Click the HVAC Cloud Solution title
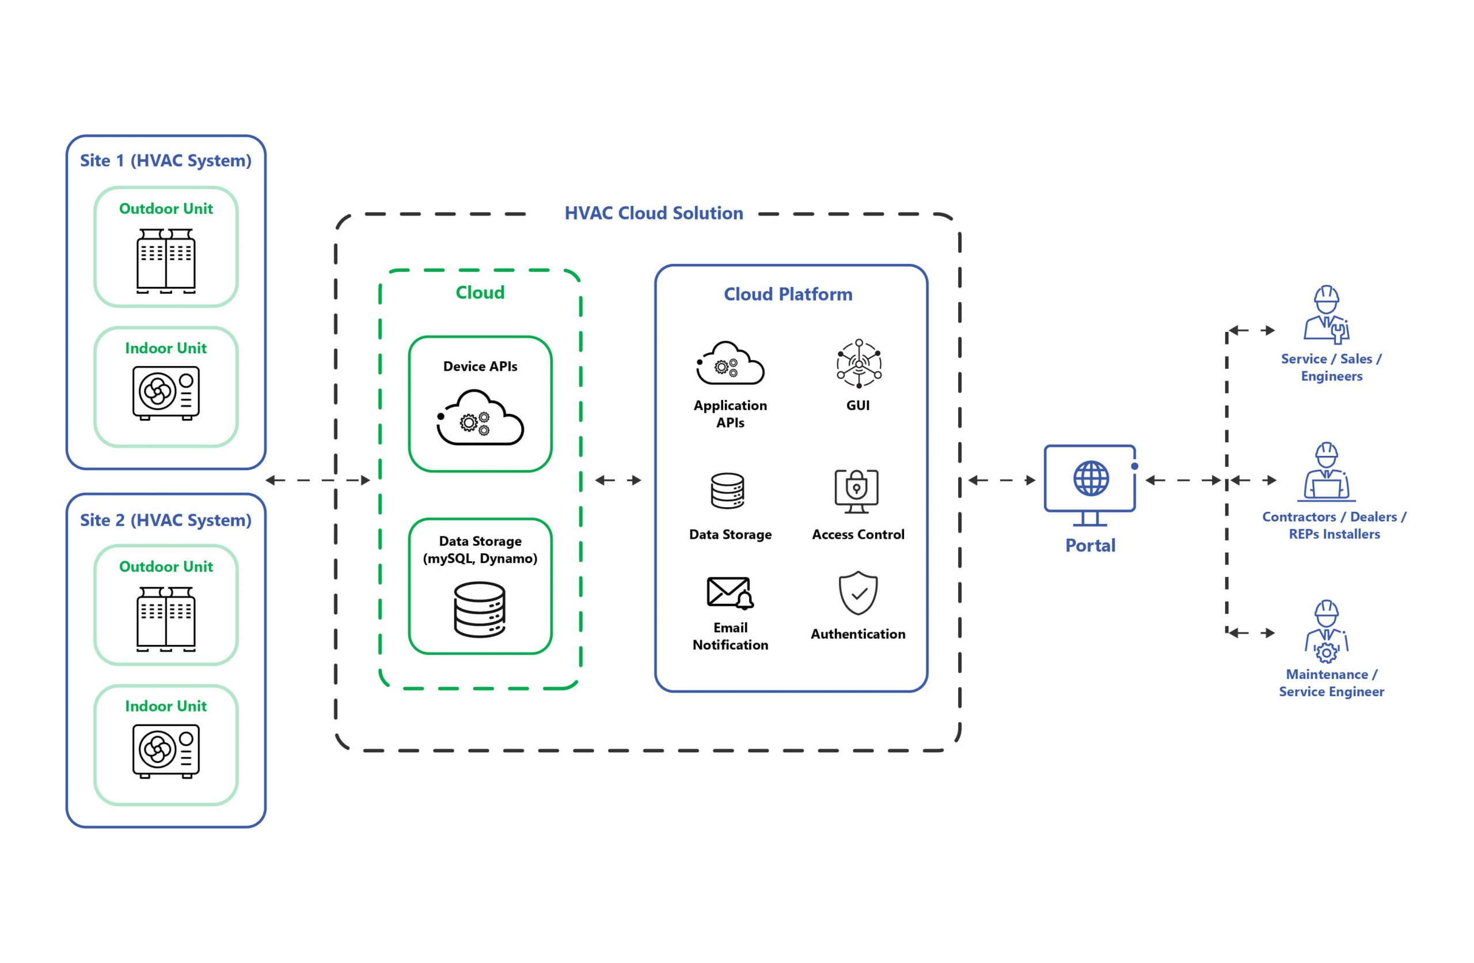click(654, 213)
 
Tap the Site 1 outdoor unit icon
click(166, 261)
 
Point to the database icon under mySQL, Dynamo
click(480, 610)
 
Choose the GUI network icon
click(859, 363)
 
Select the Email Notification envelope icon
click(730, 593)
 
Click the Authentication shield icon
click(858, 593)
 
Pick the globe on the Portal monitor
click(1091, 478)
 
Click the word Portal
click(1090, 545)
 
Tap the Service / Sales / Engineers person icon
click(1326, 314)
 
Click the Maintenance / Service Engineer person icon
click(1326, 632)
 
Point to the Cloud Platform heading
click(788, 294)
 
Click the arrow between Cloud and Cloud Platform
click(618, 479)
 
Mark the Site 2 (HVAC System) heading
click(166, 520)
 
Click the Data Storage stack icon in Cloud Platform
click(727, 491)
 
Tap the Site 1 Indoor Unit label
click(166, 348)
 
